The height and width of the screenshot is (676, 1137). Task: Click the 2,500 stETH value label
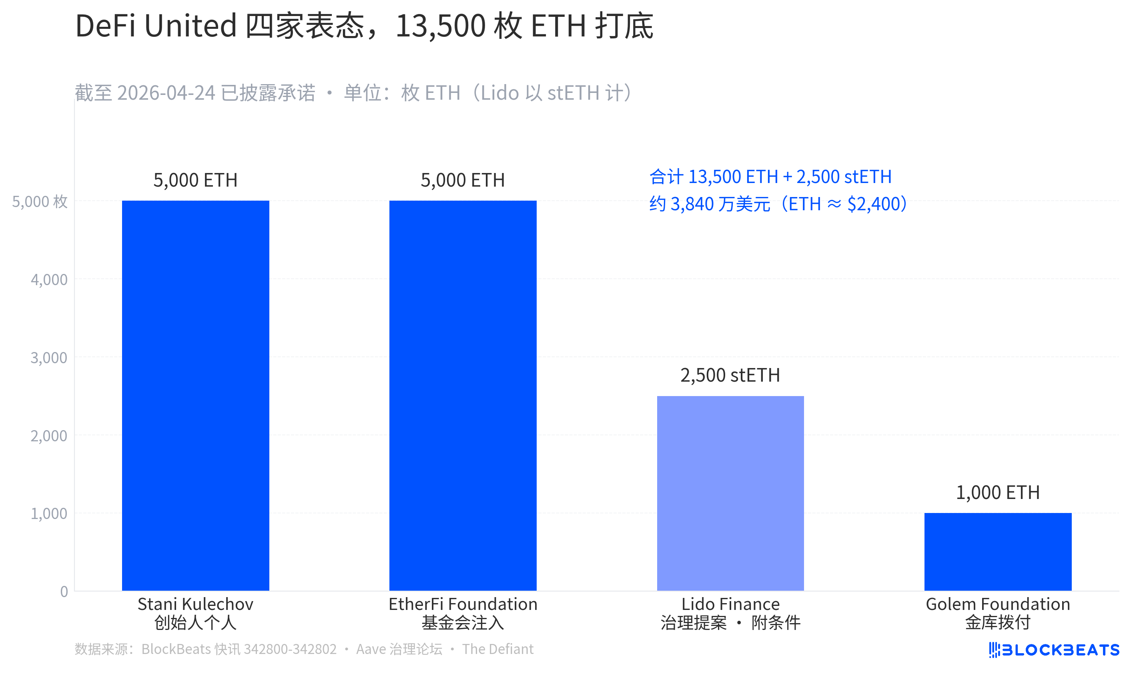tap(730, 375)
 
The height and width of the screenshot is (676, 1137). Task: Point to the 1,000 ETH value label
tap(998, 493)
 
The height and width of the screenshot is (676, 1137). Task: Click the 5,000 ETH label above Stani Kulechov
tap(195, 180)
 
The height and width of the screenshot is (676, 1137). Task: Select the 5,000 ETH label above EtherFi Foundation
tap(463, 180)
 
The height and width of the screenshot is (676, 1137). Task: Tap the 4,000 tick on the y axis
tap(49, 280)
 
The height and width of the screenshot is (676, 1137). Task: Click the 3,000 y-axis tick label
tap(49, 358)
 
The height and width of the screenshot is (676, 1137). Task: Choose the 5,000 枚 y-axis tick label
tap(40, 201)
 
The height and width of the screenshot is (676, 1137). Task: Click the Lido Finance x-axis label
tap(730, 604)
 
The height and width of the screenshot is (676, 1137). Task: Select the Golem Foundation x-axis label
tap(998, 604)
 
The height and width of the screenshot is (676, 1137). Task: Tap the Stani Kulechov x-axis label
tap(195, 604)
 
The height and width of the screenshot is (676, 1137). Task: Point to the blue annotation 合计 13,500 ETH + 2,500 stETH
tap(770, 177)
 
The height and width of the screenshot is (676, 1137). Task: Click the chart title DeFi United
tap(156, 26)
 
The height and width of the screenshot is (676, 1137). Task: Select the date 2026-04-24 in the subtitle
tap(166, 93)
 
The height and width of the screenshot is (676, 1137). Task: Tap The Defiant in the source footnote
tap(497, 649)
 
